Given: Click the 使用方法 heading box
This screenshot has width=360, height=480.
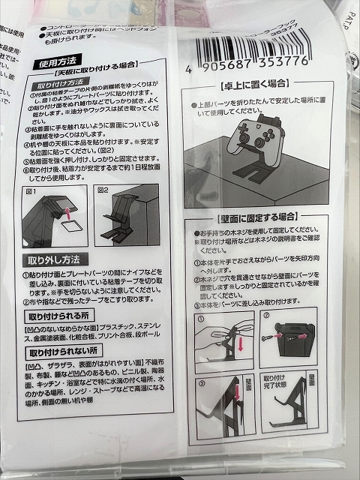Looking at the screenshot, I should point(59,65).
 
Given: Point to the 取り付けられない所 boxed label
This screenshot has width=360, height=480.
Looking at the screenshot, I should point(65,351).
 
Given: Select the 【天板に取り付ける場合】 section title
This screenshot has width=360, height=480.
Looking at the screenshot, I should point(90,76).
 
